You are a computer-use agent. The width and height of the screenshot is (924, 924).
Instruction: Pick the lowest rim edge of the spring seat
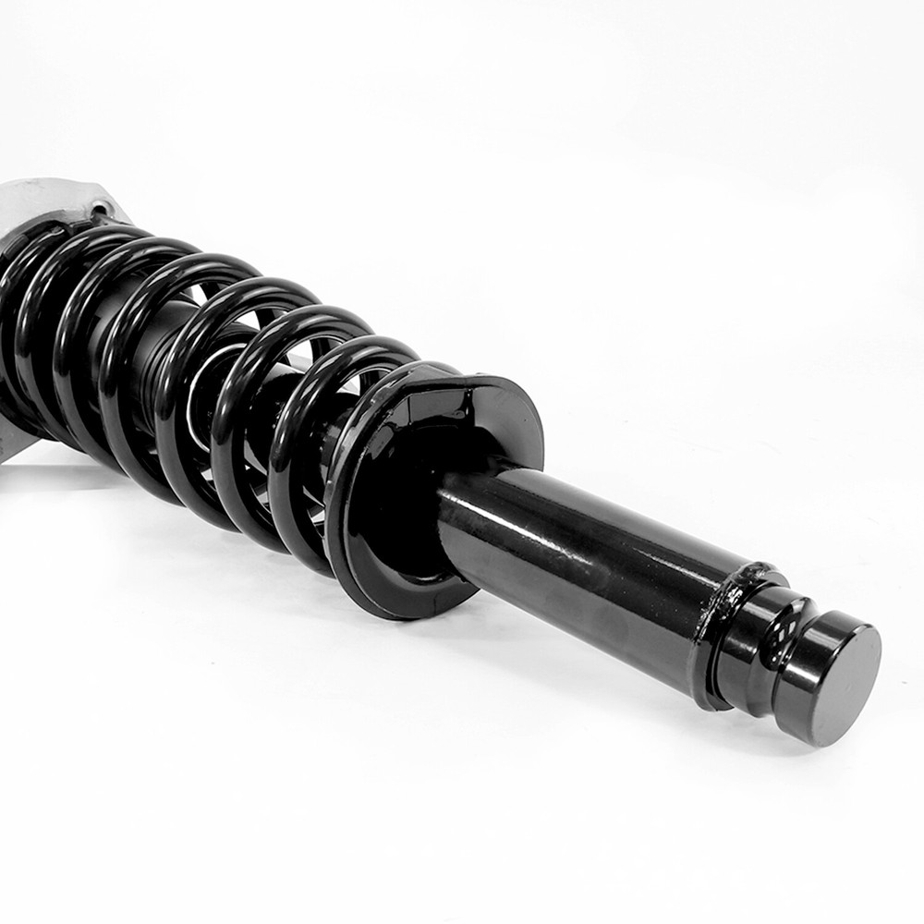click(x=407, y=612)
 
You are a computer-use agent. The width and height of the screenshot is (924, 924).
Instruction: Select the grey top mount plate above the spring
click(x=55, y=199)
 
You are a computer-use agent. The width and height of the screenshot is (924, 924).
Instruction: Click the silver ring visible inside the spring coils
click(x=199, y=388)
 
